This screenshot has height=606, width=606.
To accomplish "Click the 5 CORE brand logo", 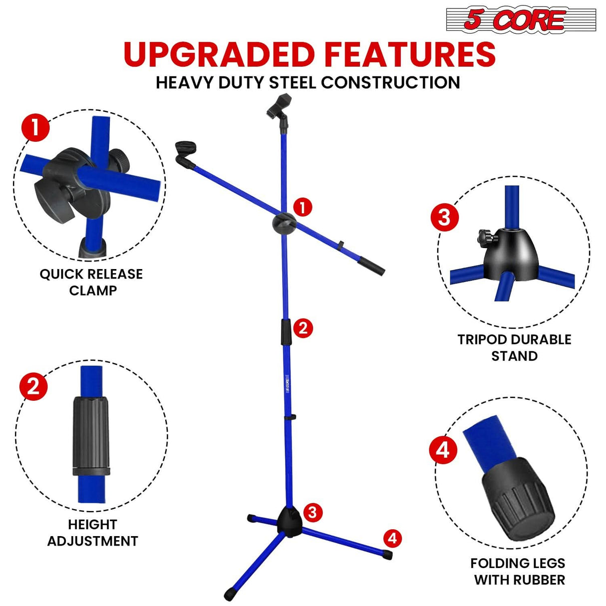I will point(521,20).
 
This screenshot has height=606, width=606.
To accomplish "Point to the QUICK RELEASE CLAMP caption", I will point(92,282).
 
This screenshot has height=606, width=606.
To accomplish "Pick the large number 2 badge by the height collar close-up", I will point(33,386).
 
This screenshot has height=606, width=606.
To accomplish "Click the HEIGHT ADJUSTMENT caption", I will point(92,533).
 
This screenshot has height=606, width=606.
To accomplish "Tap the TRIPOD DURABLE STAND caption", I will point(514,347).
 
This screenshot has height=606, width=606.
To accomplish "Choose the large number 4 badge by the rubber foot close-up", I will point(443,450).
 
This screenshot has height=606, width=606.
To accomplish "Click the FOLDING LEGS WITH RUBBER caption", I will point(518,572).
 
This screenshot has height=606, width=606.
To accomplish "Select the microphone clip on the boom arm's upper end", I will point(186,153).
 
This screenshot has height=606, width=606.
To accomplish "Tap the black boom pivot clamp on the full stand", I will point(285,223).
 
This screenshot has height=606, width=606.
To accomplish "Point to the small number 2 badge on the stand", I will point(303,328).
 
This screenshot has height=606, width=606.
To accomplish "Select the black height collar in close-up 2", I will point(91,436).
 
